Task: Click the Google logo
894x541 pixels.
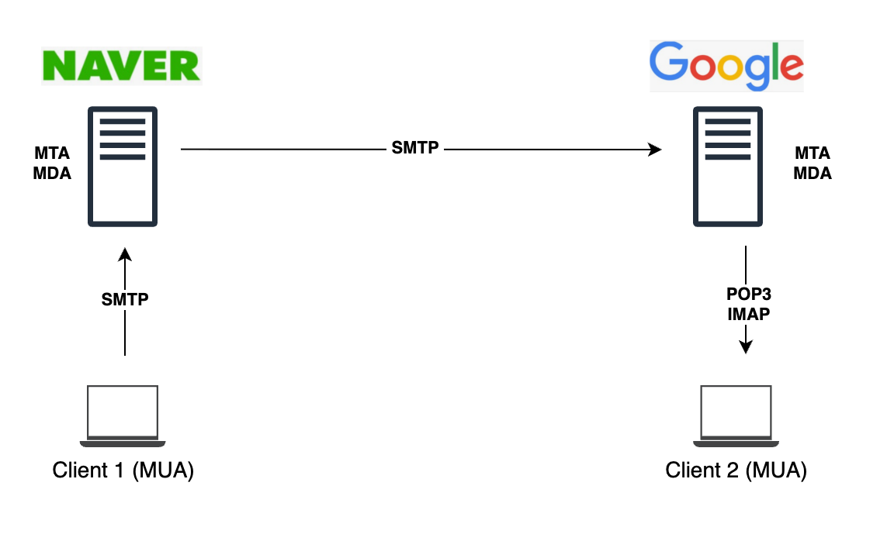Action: (726, 66)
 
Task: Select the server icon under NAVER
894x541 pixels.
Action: (123, 166)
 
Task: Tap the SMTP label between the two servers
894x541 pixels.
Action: (415, 148)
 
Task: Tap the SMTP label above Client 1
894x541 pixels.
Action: (125, 299)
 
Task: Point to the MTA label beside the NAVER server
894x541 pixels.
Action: (52, 153)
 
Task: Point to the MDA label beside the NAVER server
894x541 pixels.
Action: (52, 174)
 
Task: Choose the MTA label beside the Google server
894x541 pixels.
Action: (812, 153)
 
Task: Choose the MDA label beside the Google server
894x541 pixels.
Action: (813, 174)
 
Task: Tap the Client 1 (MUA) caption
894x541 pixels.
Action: (123, 470)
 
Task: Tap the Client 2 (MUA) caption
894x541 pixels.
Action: (736, 470)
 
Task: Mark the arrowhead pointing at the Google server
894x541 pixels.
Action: (656, 150)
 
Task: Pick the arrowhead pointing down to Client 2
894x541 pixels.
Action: (745, 346)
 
